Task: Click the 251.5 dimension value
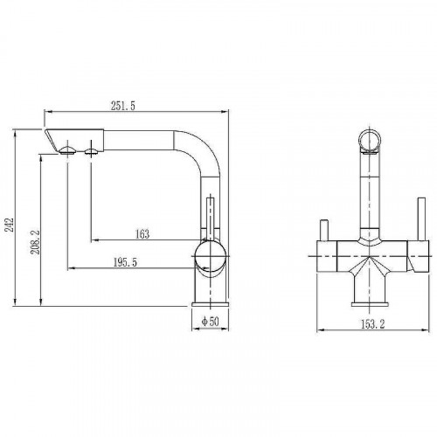click(121, 106)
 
